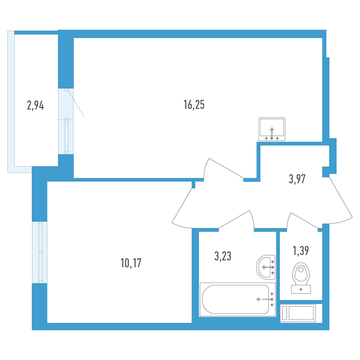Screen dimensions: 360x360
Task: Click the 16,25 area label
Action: (194, 105)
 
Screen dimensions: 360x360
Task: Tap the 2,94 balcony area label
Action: (35, 105)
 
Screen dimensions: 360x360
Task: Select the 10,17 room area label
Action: (131, 263)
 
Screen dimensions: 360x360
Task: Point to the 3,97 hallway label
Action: (297, 179)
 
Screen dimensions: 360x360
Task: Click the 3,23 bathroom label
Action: (223, 256)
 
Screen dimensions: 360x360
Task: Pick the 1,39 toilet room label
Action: (301, 250)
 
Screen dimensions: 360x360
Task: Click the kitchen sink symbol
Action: (271, 129)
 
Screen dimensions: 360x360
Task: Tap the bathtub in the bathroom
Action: (237, 299)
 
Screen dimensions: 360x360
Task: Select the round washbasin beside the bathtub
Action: (266, 267)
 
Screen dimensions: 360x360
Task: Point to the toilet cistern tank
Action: (301, 289)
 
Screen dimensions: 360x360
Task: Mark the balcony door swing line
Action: (76, 103)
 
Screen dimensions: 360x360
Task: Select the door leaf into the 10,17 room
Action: (182, 205)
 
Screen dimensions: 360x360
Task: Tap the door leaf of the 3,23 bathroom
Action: (234, 219)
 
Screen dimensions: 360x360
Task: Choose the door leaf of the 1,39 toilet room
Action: (304, 220)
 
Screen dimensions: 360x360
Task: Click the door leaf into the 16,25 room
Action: (226, 168)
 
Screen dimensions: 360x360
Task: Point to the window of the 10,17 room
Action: (40, 252)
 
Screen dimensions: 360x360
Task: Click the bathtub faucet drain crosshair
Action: (258, 299)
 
